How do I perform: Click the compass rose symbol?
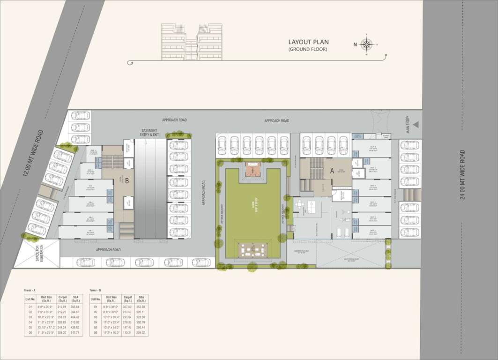tap(367, 45)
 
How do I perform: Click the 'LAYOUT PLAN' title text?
tap(308, 42)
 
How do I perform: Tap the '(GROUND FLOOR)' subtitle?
tap(308, 49)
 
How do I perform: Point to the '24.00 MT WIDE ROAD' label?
tap(462, 175)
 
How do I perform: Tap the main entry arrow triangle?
tap(416, 125)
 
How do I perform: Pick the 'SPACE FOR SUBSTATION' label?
tap(39, 253)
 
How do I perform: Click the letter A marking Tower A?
tap(332, 172)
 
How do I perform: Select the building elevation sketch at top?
tap(192, 42)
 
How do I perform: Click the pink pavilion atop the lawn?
tap(253, 170)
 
